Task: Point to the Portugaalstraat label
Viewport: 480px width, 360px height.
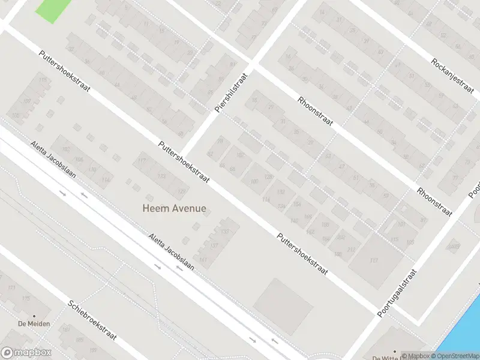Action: [397, 293]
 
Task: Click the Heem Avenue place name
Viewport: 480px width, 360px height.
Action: [174, 209]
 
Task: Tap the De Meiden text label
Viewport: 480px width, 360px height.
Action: [34, 324]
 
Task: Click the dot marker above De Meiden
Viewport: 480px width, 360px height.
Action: [34, 316]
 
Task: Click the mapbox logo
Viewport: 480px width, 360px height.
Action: [26, 353]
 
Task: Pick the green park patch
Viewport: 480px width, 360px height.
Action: [52, 9]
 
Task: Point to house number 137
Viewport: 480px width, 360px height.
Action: [214, 245]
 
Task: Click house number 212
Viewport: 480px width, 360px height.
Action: [351, 249]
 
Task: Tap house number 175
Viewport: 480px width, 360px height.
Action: [26, 299]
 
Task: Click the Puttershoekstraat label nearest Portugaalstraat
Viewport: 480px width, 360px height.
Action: [302, 254]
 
